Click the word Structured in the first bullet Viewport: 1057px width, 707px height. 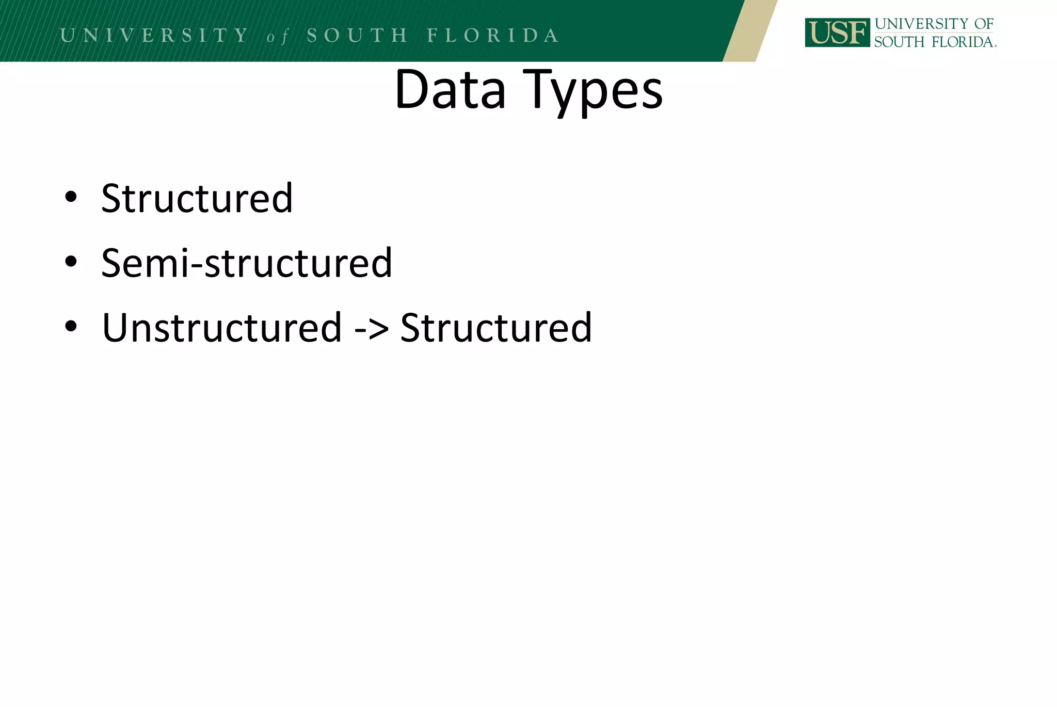[x=197, y=198]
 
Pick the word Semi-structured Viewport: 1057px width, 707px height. [x=247, y=263]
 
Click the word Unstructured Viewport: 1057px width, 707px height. [x=222, y=327]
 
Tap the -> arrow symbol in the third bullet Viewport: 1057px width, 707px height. [x=371, y=328]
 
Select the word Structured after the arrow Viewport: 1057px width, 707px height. [x=496, y=327]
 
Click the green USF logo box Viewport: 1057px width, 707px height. [x=837, y=33]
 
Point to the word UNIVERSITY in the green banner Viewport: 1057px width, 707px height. [x=155, y=35]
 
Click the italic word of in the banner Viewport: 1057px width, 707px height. [x=278, y=37]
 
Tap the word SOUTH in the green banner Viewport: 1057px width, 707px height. [x=357, y=35]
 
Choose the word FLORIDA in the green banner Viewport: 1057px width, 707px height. [x=493, y=35]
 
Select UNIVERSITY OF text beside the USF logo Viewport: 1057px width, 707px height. [x=934, y=24]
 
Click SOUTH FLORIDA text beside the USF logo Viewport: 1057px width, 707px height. [x=934, y=42]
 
